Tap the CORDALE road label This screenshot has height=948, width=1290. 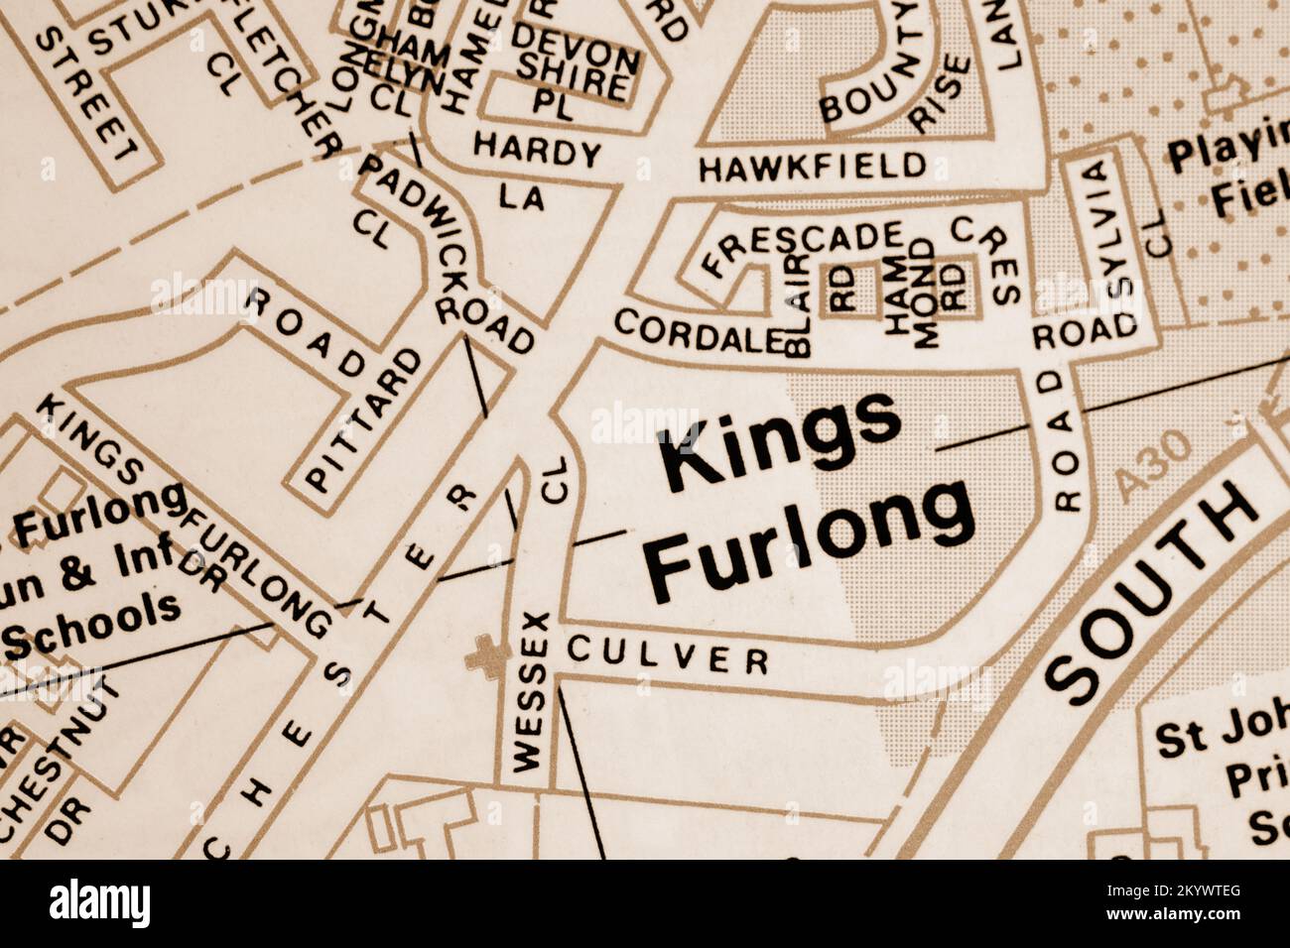coord(694,331)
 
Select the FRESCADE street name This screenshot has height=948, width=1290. coord(802,248)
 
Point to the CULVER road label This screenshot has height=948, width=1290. coord(668,655)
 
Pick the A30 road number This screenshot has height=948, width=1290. coord(1151,466)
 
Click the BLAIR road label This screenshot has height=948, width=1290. coord(799,304)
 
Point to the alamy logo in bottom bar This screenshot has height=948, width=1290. coord(99,903)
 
